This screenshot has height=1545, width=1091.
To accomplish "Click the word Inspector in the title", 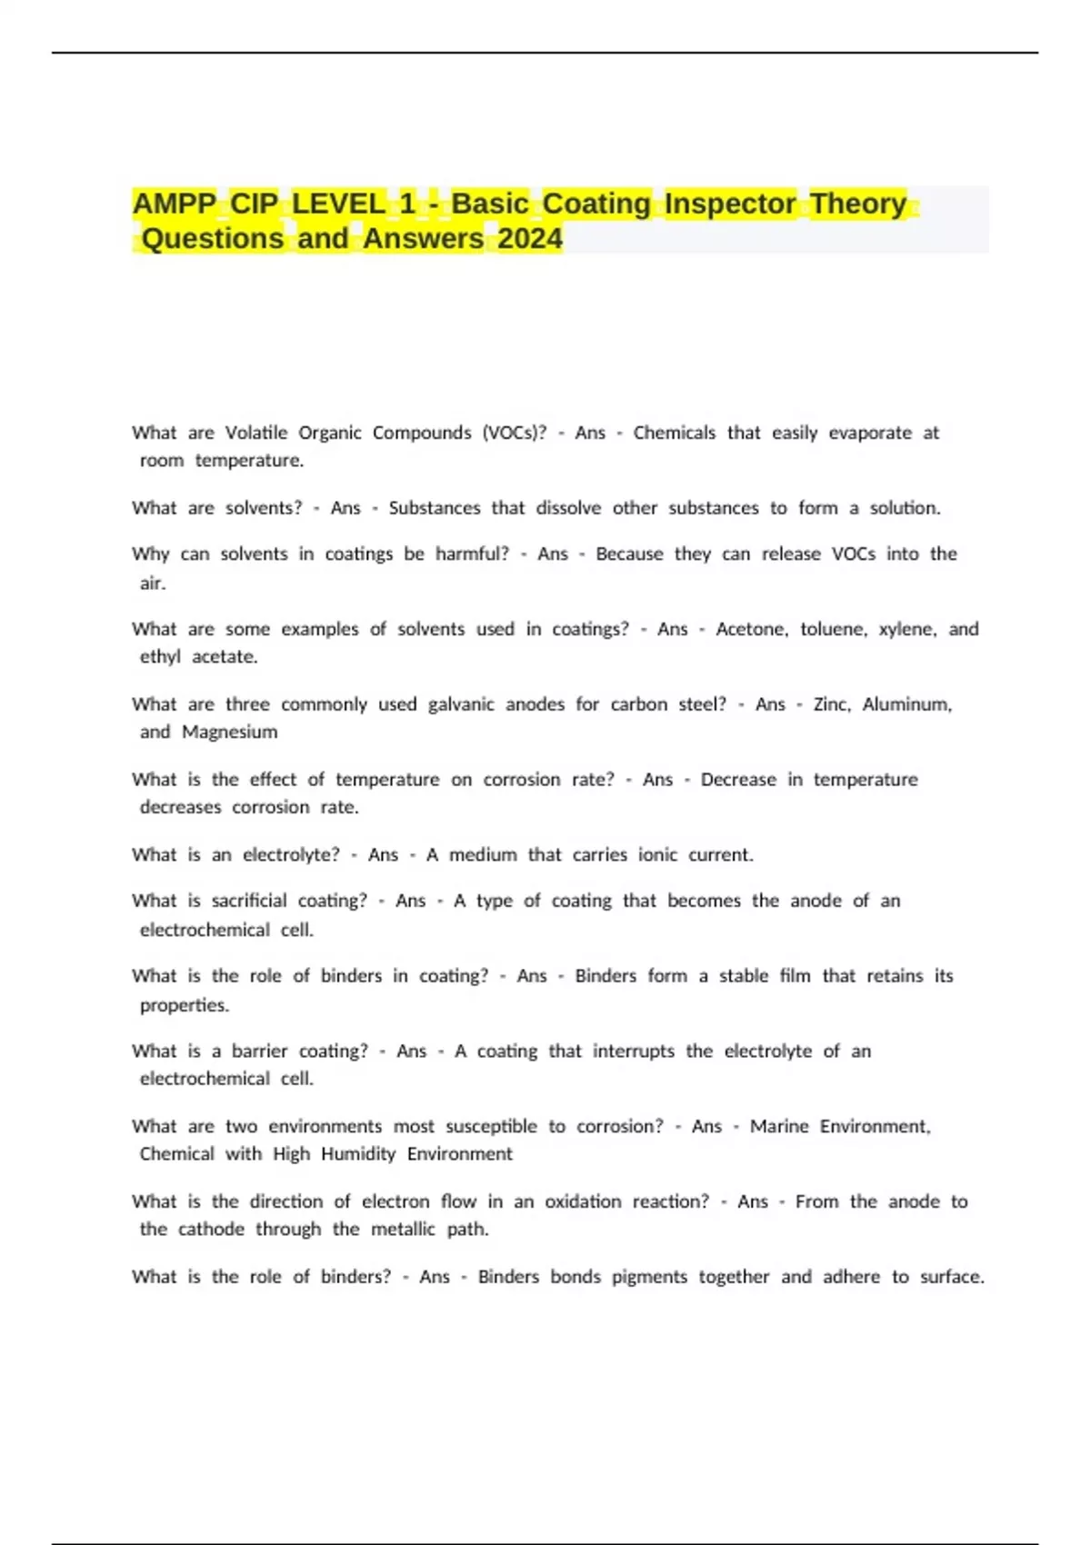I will point(730,204).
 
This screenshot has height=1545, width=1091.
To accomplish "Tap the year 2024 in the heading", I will point(530,239).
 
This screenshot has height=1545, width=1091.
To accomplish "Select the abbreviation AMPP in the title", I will point(175,204).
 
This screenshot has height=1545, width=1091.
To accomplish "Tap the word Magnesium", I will point(229,732).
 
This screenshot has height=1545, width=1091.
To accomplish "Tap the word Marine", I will point(779,1126).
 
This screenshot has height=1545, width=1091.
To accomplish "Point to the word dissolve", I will point(568,508).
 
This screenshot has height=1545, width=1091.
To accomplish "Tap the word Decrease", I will point(738,780).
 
